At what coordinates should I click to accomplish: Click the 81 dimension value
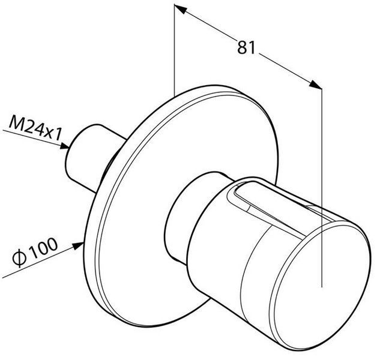[246, 47]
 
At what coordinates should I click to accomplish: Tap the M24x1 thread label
[35, 128]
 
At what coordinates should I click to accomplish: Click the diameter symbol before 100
[19, 259]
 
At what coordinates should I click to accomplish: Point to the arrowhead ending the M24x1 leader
[64, 146]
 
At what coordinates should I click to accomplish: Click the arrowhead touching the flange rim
[78, 246]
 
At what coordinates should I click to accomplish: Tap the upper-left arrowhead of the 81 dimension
[181, 9]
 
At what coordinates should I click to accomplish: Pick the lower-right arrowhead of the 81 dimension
[315, 85]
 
